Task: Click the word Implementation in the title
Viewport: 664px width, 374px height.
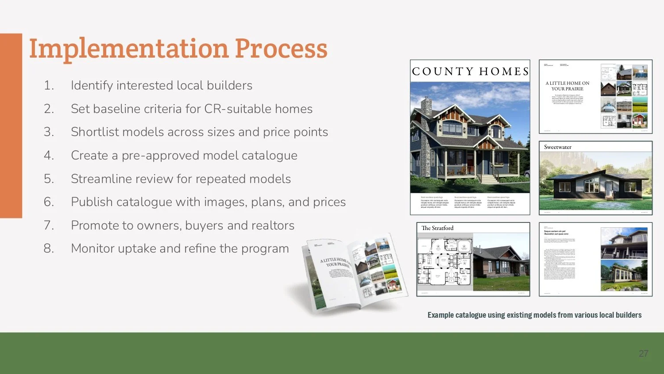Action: point(128,48)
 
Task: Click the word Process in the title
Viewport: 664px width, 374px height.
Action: point(281,48)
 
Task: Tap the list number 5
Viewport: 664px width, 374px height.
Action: point(49,179)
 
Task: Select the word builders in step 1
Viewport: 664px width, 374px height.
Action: point(229,86)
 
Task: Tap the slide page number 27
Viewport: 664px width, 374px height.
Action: point(643,354)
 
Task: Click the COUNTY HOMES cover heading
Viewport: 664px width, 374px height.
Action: point(470,71)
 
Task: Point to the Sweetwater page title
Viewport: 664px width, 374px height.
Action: point(558,147)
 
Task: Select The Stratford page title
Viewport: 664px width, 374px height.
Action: point(437,228)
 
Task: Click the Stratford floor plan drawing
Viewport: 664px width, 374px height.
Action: point(444,261)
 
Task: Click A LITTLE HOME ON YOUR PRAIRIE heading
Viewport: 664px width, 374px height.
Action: point(567,86)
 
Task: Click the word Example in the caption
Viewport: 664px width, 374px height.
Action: point(440,315)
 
